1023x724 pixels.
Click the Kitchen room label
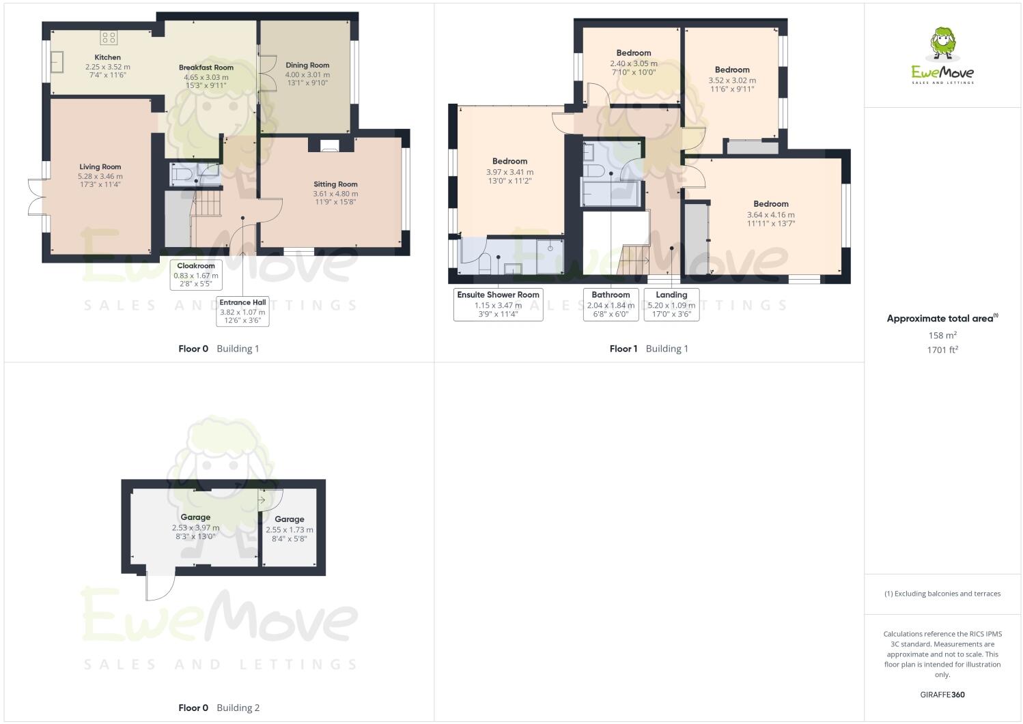107,57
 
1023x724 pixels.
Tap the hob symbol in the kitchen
109,38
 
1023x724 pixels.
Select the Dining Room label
307,66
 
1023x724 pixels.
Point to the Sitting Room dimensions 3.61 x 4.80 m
335,194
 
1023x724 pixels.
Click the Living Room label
100,166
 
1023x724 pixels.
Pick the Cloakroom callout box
196,275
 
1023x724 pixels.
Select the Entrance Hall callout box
242,311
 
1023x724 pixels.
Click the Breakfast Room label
206,68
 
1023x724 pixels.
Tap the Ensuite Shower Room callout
498,304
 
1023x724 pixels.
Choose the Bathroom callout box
611,304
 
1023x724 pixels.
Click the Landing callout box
671,304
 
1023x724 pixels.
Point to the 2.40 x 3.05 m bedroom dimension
634,63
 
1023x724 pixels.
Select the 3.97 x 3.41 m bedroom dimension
509,173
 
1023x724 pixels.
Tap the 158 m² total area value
942,335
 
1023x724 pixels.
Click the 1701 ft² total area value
942,349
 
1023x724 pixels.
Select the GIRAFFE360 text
942,695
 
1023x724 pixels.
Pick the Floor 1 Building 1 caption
649,349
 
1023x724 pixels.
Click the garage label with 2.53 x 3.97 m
195,517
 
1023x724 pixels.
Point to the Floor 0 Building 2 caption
219,708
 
